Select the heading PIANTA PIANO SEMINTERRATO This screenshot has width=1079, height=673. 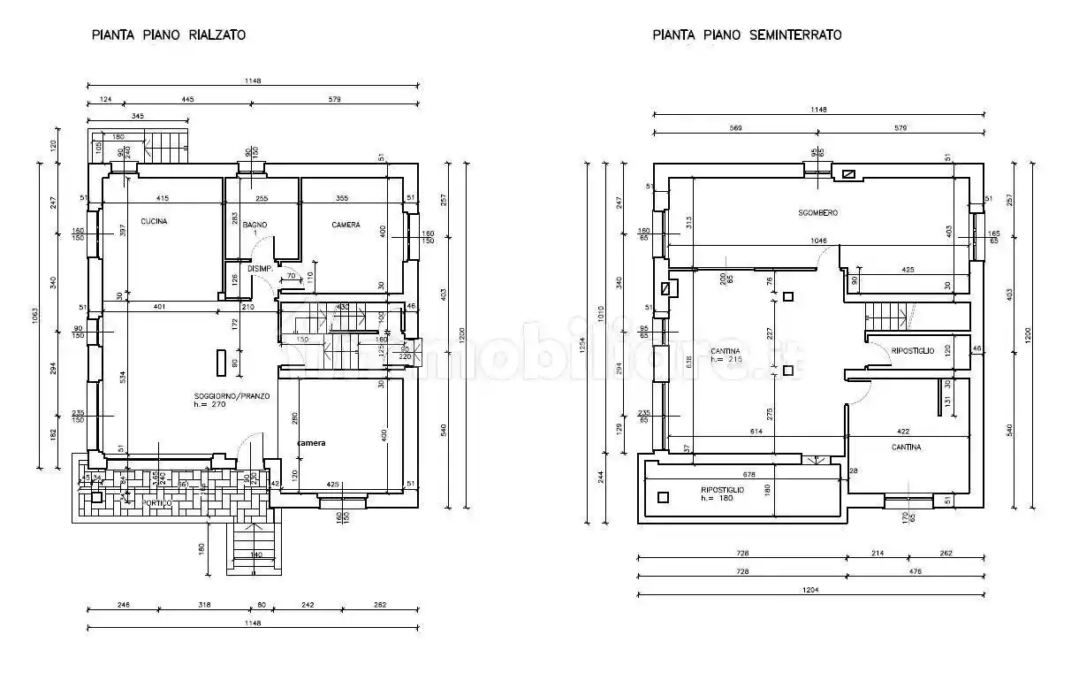tap(747, 35)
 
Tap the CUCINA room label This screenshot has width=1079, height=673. tap(154, 222)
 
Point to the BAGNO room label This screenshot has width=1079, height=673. tap(255, 226)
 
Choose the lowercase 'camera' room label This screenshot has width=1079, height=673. tap(310, 442)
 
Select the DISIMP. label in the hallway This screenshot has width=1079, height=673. tap(259, 270)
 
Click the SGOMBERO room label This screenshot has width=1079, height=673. tap(817, 213)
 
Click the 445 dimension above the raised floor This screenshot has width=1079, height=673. tap(187, 100)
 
